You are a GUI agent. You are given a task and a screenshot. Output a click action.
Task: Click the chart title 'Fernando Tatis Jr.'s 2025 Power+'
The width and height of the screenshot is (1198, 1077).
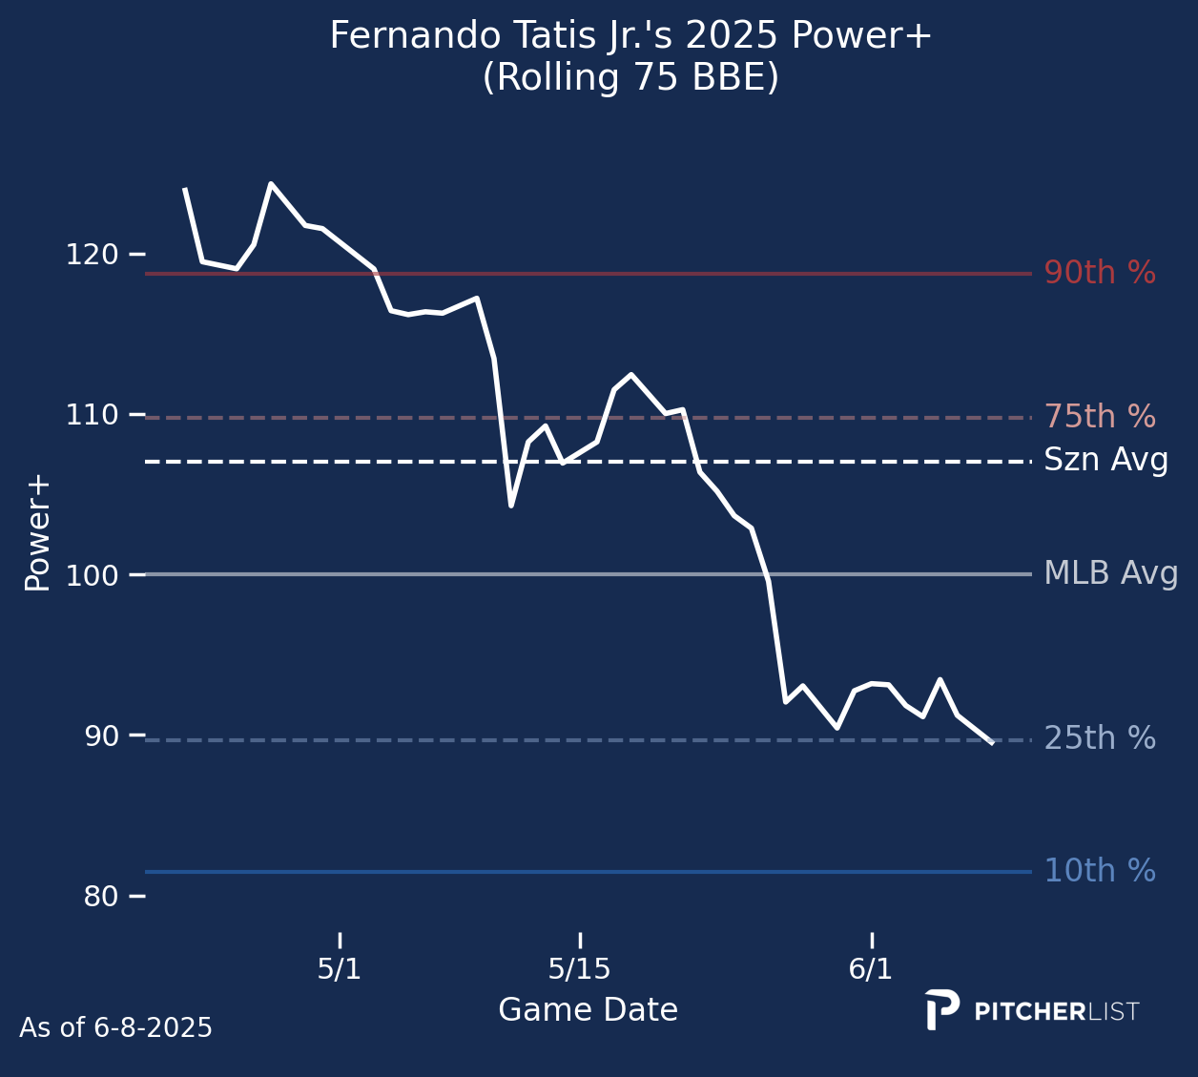pos(630,36)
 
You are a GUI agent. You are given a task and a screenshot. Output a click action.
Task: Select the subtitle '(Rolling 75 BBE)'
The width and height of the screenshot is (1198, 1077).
pos(630,78)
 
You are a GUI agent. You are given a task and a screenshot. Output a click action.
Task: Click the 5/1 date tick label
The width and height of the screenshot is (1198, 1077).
pos(340,969)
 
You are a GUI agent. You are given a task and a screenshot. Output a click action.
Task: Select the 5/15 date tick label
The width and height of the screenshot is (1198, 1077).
pos(579,969)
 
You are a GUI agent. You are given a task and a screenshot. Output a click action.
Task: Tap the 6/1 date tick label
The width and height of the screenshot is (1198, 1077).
pos(871,969)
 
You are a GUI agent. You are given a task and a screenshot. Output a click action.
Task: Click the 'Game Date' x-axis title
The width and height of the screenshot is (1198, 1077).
pos(588,1010)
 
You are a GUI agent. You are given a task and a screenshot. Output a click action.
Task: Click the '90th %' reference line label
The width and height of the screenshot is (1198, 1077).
pos(1100,274)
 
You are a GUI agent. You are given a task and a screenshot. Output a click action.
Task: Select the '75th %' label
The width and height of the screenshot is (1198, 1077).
pos(1100,417)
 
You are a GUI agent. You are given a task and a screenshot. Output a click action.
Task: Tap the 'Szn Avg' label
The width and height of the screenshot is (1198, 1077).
pos(1105,461)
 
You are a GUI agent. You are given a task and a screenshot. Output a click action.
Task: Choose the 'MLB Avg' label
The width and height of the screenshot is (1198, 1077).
pos(1111,574)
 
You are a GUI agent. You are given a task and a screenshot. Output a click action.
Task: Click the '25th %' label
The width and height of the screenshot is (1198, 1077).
pos(1100,738)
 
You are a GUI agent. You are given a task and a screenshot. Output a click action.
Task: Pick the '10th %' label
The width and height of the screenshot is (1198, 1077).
pos(1100,871)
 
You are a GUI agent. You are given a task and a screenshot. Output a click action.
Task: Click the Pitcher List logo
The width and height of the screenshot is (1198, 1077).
pos(1032,1010)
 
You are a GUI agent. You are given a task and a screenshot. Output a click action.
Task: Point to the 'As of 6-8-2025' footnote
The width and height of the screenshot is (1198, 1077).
pos(115,1028)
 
